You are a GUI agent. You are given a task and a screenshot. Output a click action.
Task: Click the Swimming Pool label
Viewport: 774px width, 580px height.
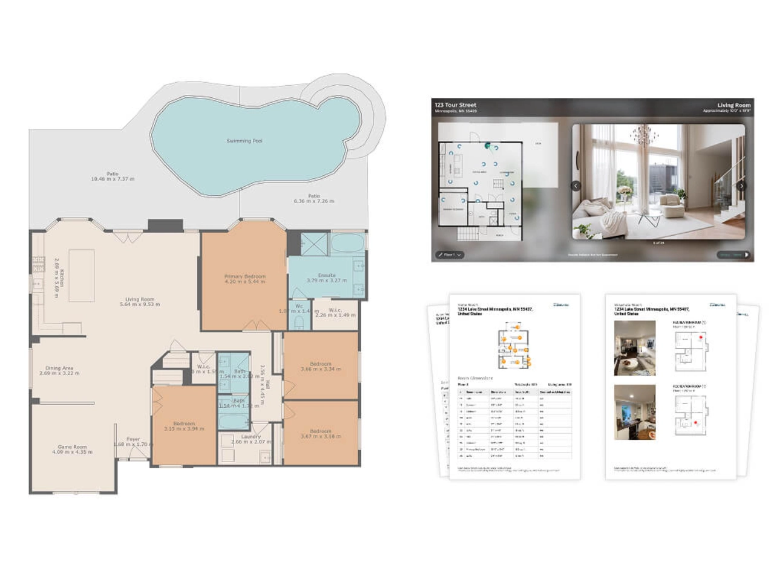click(244, 141)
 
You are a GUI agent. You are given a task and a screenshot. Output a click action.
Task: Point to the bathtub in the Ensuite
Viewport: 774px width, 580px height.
click(347, 245)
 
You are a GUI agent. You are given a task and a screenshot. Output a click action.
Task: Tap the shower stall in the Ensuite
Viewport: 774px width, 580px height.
click(314, 245)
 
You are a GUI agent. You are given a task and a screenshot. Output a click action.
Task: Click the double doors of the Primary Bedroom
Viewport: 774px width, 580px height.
click(257, 327)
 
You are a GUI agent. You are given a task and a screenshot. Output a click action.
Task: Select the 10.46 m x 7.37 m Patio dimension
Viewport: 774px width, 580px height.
click(112, 179)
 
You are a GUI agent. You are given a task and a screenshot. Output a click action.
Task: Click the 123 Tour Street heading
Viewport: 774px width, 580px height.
click(455, 105)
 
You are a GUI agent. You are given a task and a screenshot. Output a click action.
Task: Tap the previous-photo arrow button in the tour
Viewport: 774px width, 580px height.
click(576, 186)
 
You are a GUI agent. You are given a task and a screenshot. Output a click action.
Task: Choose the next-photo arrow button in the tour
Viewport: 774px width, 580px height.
click(741, 186)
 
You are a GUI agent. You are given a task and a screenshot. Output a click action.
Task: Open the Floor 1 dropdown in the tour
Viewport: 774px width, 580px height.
click(450, 255)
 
